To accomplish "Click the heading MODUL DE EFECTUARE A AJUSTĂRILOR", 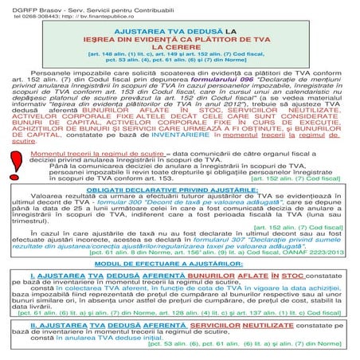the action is [179, 264].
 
